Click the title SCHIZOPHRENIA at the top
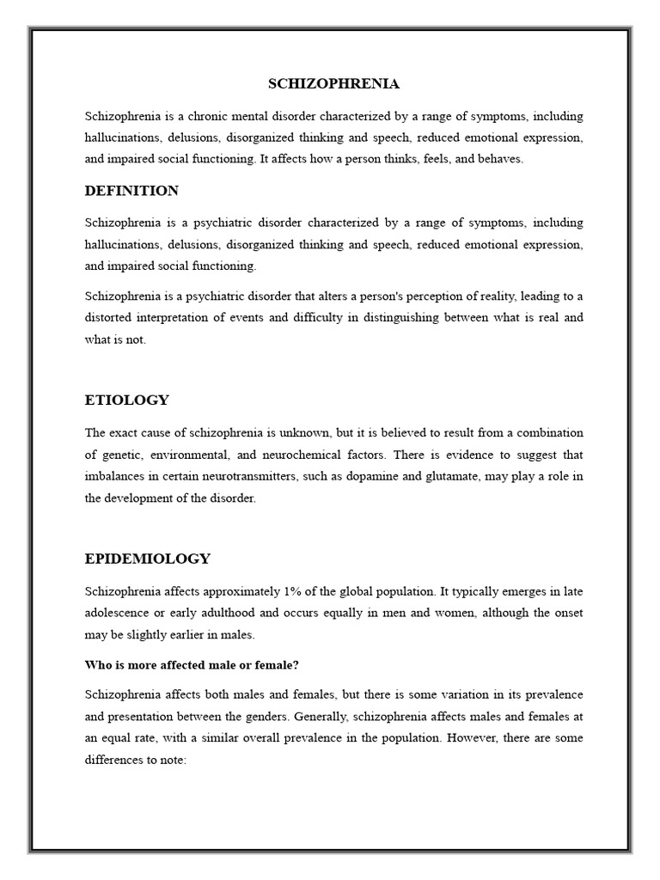(x=334, y=83)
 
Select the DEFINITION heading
(x=131, y=190)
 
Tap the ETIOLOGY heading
(x=127, y=400)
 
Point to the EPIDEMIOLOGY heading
(x=148, y=559)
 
